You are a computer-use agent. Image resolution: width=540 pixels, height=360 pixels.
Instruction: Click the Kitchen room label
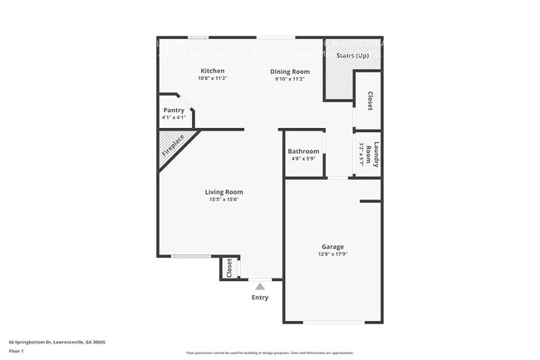coord(213,71)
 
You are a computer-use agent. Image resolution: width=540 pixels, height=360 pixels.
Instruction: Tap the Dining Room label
coord(290,72)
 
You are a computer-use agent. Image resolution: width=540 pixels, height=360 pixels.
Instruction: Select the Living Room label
coord(224,192)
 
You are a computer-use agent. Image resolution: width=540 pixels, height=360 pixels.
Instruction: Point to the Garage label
coord(333,246)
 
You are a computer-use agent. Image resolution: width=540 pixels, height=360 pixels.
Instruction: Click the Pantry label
coord(174,110)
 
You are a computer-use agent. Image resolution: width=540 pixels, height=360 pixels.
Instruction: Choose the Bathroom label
coord(303,151)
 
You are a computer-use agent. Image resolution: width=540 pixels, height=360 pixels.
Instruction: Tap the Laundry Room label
coord(376,155)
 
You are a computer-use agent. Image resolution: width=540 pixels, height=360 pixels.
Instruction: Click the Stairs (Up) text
coord(352,55)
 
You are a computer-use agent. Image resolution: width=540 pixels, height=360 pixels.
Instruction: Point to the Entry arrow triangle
coord(260,286)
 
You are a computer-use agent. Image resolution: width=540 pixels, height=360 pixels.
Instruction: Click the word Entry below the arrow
coord(260,298)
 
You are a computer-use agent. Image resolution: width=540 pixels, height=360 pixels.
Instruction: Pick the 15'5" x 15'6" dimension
coord(224,200)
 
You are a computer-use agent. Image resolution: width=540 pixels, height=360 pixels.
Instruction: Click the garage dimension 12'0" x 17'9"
coord(333,254)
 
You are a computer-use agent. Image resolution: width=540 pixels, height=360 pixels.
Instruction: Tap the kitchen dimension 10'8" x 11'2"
coord(213,78)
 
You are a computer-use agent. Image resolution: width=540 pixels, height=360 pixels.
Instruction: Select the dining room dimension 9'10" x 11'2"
coord(290,79)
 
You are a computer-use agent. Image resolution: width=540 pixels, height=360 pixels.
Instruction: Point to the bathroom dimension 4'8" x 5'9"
coord(303,159)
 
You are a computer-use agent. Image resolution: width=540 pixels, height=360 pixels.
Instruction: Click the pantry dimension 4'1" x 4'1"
coord(174,117)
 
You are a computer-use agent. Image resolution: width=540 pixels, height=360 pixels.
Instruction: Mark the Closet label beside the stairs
coord(369,101)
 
